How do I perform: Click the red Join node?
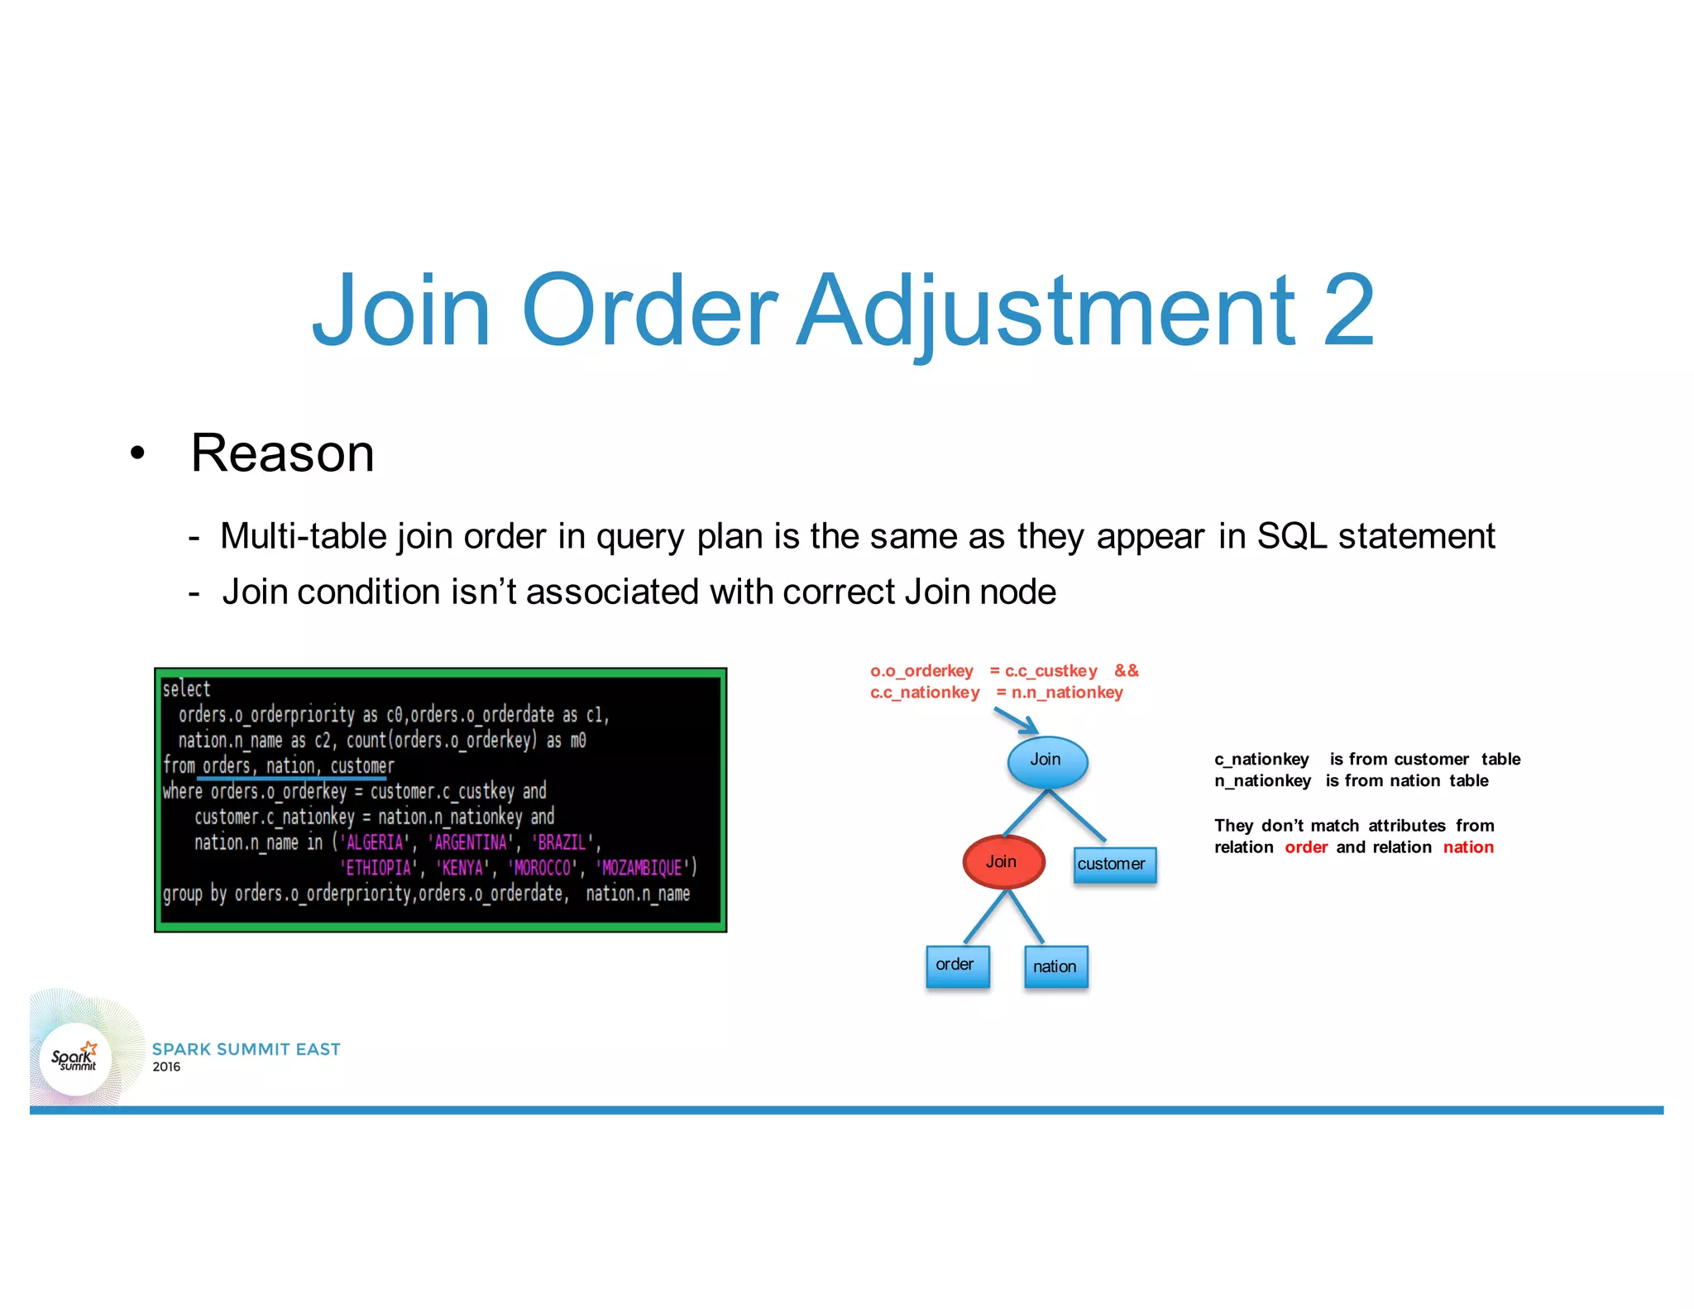pyautogui.click(x=1003, y=862)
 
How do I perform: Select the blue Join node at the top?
pyautogui.click(x=1046, y=760)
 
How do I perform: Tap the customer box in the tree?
pyautogui.click(x=1113, y=865)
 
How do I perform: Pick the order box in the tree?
pyautogui.click(x=956, y=966)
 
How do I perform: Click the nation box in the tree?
pyautogui.click(x=1055, y=967)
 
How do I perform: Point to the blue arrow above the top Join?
pyautogui.click(x=1017, y=720)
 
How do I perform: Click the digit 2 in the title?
pyautogui.click(x=1348, y=312)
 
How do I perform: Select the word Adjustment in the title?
pyautogui.click(x=1046, y=312)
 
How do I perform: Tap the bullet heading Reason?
pyautogui.click(x=282, y=453)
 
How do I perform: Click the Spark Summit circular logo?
pyautogui.click(x=75, y=1059)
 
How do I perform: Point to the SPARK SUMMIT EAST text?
pyautogui.click(x=246, y=1049)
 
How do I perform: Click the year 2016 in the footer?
pyautogui.click(x=166, y=1067)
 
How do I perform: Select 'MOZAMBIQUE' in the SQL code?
pyautogui.click(x=642, y=868)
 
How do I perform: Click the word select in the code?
pyautogui.click(x=186, y=689)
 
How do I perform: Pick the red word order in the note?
pyautogui.click(x=1306, y=847)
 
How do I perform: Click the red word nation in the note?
pyautogui.click(x=1468, y=847)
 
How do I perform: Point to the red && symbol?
pyautogui.click(x=1126, y=671)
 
